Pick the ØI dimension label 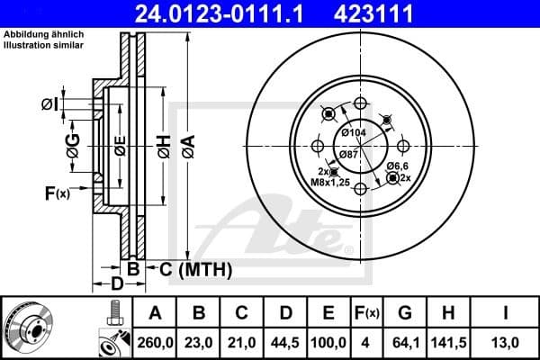coord(50,105)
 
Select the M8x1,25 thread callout coord(327,182)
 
